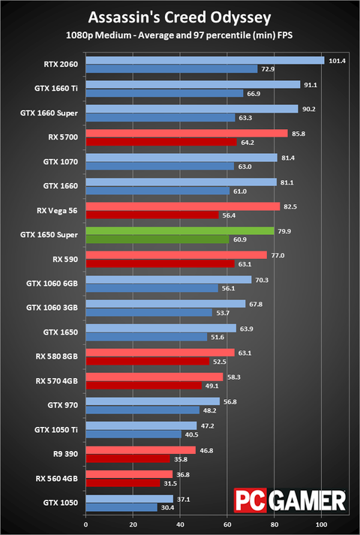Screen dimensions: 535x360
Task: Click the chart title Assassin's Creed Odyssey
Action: (180, 17)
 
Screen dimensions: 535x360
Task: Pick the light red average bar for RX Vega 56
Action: (183, 206)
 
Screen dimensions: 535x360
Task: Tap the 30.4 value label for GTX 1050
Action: (168, 506)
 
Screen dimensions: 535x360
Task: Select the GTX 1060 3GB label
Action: (52, 308)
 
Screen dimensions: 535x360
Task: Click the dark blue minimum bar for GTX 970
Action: (142, 410)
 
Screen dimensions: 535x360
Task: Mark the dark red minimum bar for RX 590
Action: (160, 264)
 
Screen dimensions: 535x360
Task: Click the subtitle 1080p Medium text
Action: (180, 35)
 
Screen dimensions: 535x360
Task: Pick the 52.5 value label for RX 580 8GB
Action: (220, 361)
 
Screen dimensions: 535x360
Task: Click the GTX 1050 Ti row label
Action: (57, 429)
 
